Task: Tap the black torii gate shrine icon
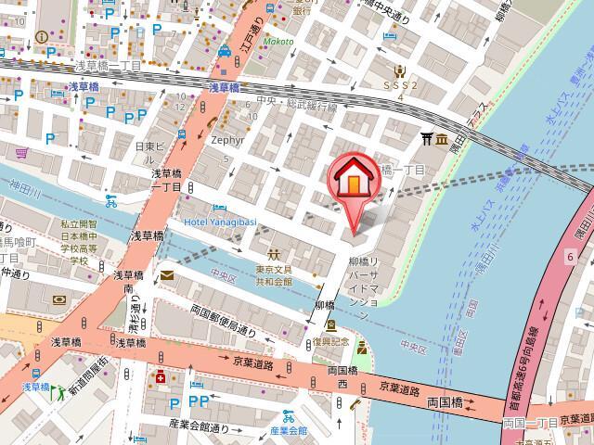click(x=428, y=140)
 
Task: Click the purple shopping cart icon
click(x=21, y=152)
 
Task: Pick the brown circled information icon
click(x=40, y=37)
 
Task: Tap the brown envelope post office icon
click(x=166, y=275)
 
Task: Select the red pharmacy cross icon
click(x=161, y=377)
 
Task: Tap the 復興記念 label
click(x=331, y=341)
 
